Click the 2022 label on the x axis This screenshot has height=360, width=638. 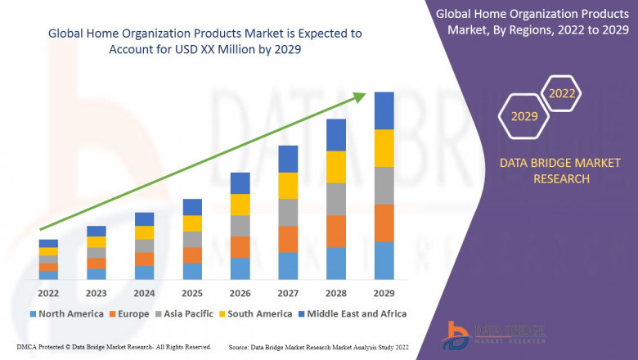click(48, 293)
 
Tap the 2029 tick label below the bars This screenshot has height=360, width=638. click(384, 293)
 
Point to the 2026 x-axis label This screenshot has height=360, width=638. click(240, 293)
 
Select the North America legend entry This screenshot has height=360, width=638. click(65, 313)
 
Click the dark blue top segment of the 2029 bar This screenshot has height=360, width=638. click(384, 110)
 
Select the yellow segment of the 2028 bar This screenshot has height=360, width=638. click(336, 167)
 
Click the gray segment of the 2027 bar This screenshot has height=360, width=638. click(288, 212)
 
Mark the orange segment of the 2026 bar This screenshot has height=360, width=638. click(240, 247)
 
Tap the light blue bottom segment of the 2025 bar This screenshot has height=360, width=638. click(192, 272)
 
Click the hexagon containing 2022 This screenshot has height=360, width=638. click(561, 94)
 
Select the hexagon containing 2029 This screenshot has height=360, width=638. click(524, 117)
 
